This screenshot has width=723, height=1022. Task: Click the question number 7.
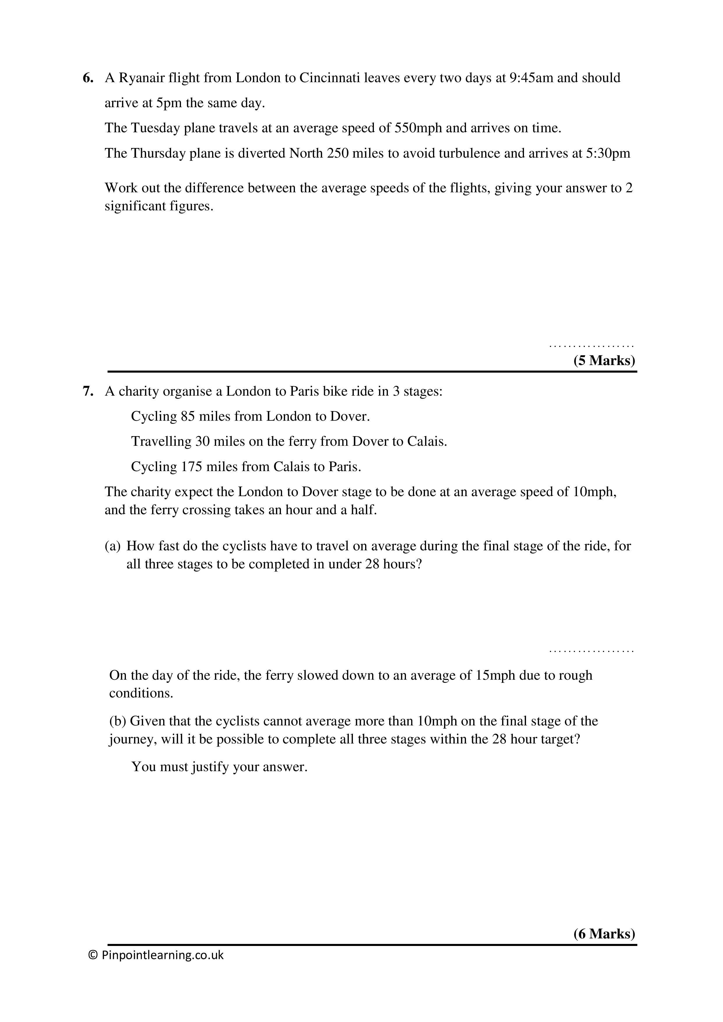coord(88,392)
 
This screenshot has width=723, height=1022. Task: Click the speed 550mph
coord(418,128)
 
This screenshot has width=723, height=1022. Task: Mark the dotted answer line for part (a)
coord(591,651)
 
